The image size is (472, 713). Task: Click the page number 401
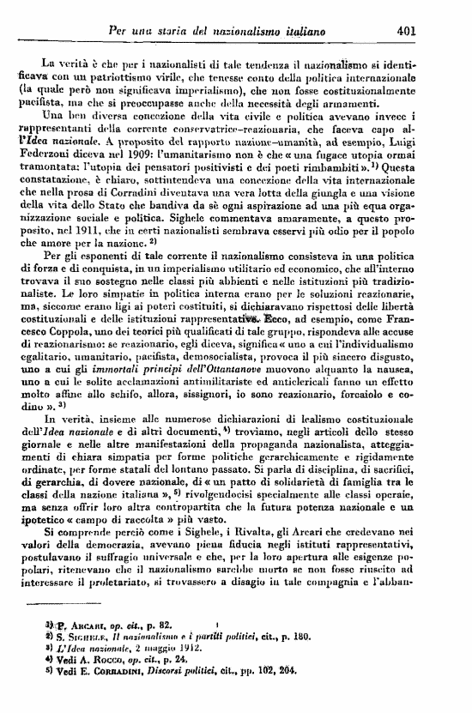(x=407, y=33)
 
